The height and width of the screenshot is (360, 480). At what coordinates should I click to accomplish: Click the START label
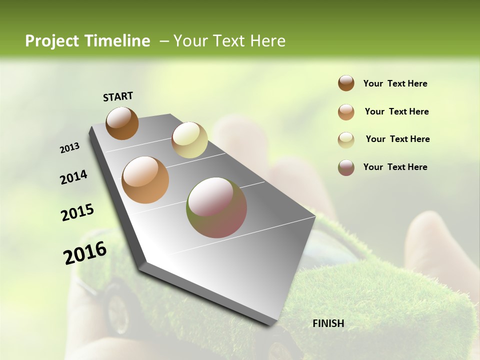[x=118, y=96]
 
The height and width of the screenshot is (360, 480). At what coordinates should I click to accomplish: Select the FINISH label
[x=328, y=323]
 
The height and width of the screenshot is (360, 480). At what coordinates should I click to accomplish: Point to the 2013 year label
[x=69, y=148]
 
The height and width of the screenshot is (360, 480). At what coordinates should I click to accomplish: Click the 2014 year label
[x=73, y=177]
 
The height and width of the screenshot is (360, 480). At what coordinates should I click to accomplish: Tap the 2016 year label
[x=85, y=253]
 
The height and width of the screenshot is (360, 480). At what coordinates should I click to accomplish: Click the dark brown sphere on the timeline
[x=122, y=123]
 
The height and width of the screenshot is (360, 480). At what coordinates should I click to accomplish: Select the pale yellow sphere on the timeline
[x=189, y=140]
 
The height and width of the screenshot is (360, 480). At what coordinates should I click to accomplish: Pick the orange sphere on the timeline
[x=145, y=180]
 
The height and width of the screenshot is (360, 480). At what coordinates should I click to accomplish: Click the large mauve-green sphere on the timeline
[x=216, y=207]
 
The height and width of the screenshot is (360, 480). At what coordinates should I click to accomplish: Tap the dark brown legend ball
[x=346, y=83]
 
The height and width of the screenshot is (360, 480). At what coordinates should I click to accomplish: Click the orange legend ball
[x=346, y=112]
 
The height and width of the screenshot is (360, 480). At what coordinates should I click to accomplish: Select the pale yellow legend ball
[x=346, y=140]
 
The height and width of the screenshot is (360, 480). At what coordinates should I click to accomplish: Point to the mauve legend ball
[x=346, y=167]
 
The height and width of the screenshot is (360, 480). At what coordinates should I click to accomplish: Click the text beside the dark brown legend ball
[x=395, y=84]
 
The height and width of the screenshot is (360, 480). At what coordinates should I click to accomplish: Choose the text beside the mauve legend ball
[x=395, y=167]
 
